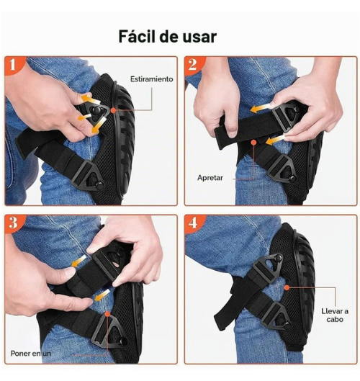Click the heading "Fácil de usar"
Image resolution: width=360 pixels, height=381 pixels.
point(167,37)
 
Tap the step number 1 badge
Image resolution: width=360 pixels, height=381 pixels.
point(13,65)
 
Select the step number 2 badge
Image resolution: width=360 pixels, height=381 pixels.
point(193,65)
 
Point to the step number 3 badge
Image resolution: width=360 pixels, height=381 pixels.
point(13,223)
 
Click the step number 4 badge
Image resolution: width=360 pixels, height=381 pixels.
point(193,223)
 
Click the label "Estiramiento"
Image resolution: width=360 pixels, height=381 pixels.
point(152,79)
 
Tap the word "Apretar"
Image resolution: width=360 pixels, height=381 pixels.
point(210,178)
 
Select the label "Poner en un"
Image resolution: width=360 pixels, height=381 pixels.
point(31,354)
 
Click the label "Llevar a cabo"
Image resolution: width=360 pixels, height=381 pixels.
point(335,315)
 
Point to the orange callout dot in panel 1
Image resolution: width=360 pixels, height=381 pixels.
point(113,110)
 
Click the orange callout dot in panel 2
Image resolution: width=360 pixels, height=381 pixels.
point(253,142)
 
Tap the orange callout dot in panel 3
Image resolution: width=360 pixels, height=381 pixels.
point(107,314)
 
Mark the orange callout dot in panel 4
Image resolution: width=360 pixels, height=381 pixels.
point(287,287)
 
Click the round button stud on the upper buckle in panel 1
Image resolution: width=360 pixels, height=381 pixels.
point(96,111)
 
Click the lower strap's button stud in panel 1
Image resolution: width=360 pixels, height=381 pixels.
point(99,186)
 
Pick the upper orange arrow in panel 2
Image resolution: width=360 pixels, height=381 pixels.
point(261,108)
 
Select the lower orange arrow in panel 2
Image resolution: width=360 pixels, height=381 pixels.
point(275,140)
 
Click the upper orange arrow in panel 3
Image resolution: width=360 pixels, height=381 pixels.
point(79,261)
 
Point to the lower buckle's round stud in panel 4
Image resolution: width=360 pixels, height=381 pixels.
point(287,325)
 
